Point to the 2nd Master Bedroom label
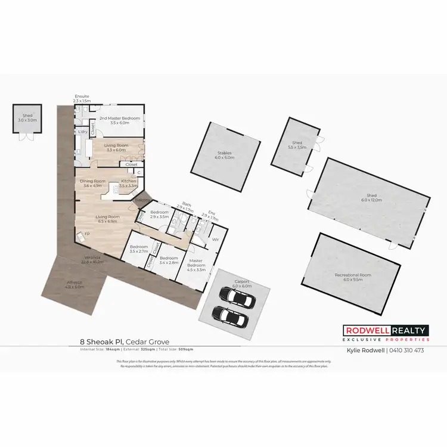coord(119,119)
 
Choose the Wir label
coord(216,239)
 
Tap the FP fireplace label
coord(87,234)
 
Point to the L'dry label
coord(83,131)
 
